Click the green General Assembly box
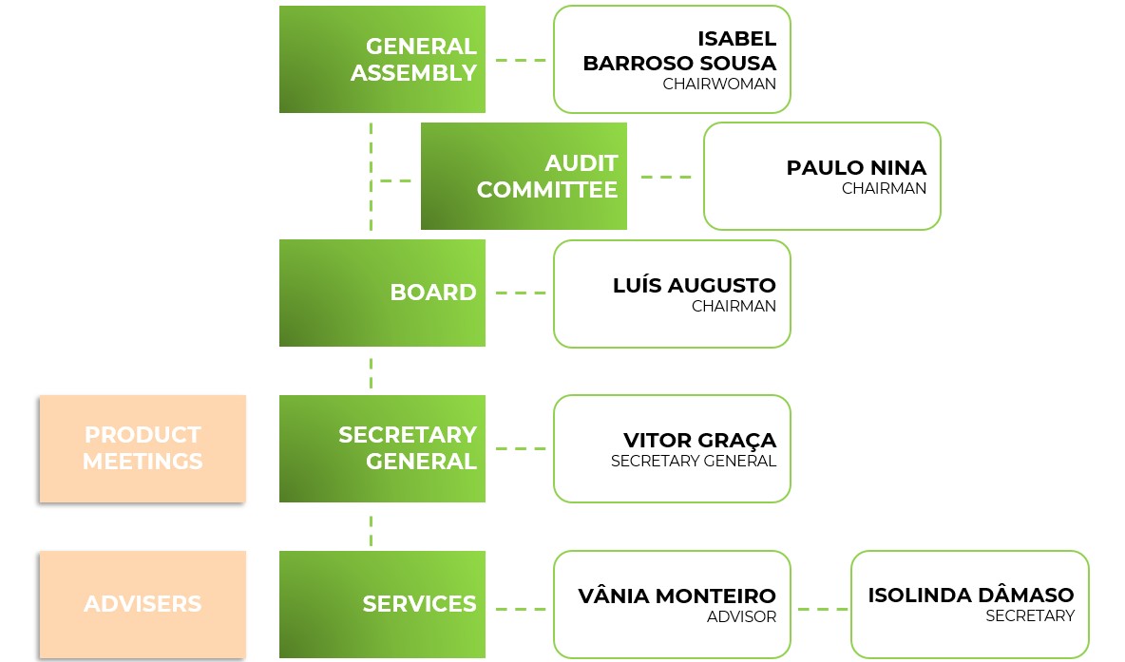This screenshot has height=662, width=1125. coord(382,59)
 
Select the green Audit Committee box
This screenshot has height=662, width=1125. coord(524,176)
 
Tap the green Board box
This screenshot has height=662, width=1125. coord(382,293)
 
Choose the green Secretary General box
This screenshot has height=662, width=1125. coord(382,448)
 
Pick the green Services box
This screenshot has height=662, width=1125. coord(382,604)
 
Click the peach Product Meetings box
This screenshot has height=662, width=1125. coord(143,448)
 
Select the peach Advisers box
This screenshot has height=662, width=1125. coord(143,604)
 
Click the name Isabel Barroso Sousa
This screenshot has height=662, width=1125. coord(679,51)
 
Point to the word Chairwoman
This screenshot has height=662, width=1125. coord(719,84)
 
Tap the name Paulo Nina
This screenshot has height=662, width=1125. coord(856,168)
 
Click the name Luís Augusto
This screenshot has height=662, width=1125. coord(695,285)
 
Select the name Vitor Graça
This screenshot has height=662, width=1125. coord(699,441)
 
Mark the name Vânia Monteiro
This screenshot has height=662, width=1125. coord(677,596)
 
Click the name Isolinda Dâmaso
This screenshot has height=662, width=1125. coord(970,596)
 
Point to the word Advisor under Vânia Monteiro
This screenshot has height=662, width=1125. coord(741,617)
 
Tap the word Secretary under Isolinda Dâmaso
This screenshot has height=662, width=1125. coord(1030,616)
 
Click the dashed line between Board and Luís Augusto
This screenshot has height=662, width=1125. coord(520,293)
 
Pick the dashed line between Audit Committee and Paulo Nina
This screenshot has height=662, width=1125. coord(666,177)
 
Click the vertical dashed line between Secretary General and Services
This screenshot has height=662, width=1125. coord(371,530)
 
